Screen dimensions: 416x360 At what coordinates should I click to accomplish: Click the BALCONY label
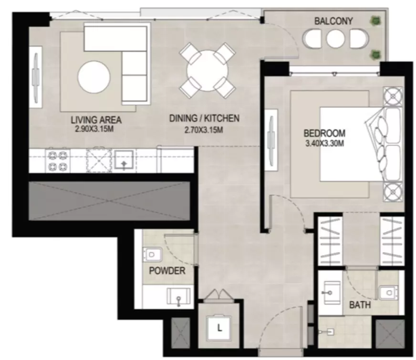pos(333,21)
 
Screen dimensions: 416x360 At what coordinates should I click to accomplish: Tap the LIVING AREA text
pos(96,120)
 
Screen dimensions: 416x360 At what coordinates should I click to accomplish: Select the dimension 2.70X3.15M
pos(204,130)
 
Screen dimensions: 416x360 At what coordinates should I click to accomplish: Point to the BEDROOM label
pos(324,133)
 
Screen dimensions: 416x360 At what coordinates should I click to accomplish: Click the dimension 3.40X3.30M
pos(325,144)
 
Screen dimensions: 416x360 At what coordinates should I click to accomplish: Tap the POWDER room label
pos(167,271)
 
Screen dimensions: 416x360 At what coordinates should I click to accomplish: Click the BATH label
pos(360,305)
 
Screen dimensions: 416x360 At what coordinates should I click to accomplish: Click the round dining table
pos(207,71)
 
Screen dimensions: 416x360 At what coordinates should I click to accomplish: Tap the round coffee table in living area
pos(94,77)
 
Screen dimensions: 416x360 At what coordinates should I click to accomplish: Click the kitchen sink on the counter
pos(124,160)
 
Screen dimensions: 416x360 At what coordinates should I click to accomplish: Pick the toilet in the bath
pos(388,293)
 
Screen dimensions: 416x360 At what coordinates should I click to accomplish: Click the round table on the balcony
pos(335,39)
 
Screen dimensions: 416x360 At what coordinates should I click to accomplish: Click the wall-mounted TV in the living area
pos(36,77)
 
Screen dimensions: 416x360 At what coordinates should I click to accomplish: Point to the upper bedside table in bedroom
pos(393,96)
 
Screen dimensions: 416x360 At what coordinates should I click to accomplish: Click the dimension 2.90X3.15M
pos(95,129)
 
